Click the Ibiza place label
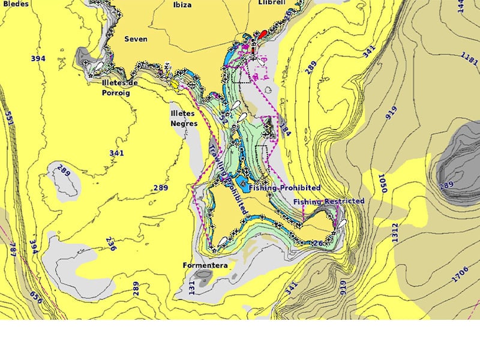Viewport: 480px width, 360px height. [182, 5]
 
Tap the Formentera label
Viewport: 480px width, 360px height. [205, 265]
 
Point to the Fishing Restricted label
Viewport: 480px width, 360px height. [329, 201]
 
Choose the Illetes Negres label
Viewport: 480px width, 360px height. [184, 118]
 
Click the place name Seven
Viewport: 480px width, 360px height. [136, 39]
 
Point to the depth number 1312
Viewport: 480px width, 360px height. [394, 233]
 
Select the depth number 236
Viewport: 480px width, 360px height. [110, 243]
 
